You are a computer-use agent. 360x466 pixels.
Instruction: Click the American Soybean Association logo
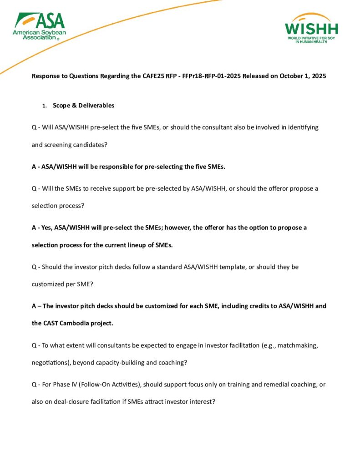[39, 26]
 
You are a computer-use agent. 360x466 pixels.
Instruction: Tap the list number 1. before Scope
[44, 106]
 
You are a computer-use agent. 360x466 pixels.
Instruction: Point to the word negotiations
[50, 363]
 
